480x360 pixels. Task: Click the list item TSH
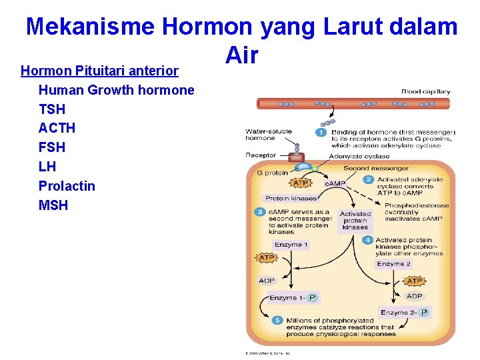tap(52, 109)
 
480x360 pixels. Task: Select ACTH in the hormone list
tap(57, 128)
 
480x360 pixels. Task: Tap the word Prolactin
tap(67, 186)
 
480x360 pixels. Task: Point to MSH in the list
tap(53, 205)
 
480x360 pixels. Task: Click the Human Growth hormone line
tap(116, 90)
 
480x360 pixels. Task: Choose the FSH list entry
tap(52, 147)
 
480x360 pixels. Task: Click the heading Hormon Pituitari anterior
tap(99, 71)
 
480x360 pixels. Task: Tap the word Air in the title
tap(241, 55)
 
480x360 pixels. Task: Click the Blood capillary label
tap(425, 91)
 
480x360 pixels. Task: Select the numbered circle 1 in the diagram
tap(321, 133)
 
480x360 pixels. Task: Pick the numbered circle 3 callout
tap(260, 212)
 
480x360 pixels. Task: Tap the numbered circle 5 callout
tap(277, 321)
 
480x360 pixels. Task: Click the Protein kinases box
tap(290, 198)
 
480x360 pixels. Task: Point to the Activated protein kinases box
tap(355, 221)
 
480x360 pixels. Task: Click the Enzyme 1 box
tap(291, 245)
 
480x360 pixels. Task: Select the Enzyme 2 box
tap(394, 264)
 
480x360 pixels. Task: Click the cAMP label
tap(334, 183)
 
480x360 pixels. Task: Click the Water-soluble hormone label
tap(268, 135)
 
